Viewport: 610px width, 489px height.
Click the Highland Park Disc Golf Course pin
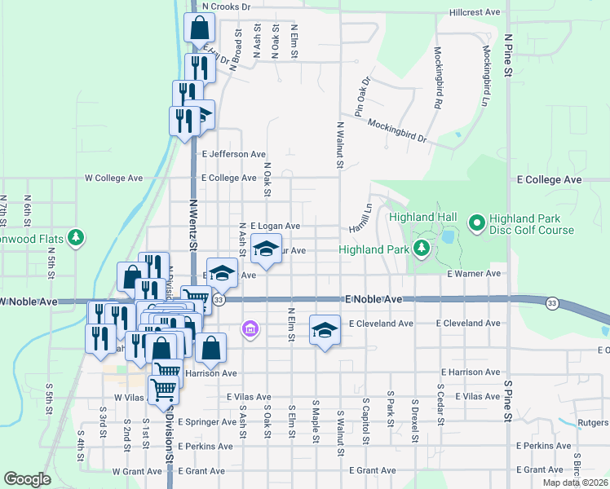click(x=477, y=222)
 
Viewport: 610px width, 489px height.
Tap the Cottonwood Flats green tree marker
click(x=77, y=237)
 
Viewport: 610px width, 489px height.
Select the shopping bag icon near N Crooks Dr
click(x=200, y=29)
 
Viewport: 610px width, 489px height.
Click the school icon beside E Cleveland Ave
click(x=325, y=330)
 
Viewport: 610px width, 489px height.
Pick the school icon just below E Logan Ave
click(x=265, y=249)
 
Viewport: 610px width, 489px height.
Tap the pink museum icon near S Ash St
click(x=250, y=329)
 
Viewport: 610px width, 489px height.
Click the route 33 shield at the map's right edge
click(x=552, y=303)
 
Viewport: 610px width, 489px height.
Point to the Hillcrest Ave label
click(x=474, y=13)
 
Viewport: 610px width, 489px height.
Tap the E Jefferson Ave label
click(x=233, y=153)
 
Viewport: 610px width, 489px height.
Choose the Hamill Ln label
click(x=360, y=216)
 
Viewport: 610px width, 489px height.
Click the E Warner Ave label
click(x=473, y=275)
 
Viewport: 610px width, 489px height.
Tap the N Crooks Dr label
click(x=226, y=6)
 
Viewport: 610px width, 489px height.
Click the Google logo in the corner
click(x=27, y=479)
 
